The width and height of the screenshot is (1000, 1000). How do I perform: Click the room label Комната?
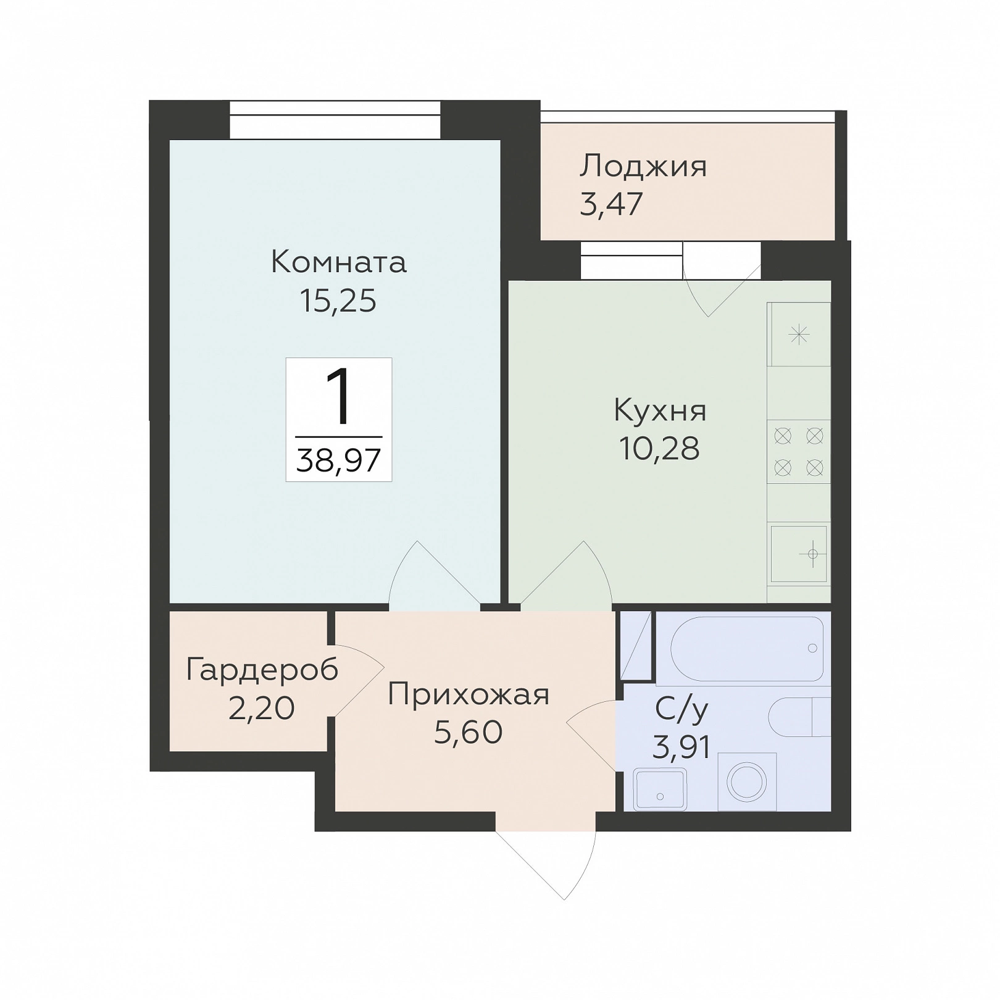pyautogui.click(x=338, y=262)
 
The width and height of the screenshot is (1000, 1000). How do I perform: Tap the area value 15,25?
pyautogui.click(x=338, y=301)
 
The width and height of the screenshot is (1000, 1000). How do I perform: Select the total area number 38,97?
pyautogui.click(x=338, y=460)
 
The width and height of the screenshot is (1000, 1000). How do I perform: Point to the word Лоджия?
pyautogui.click(x=643, y=167)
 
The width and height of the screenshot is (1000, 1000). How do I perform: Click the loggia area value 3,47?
pyautogui.click(x=611, y=204)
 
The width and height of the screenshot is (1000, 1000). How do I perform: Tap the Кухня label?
pyautogui.click(x=660, y=410)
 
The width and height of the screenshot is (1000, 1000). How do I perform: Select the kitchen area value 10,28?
pyautogui.click(x=659, y=449)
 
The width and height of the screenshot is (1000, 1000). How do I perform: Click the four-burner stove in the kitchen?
pyautogui.click(x=799, y=452)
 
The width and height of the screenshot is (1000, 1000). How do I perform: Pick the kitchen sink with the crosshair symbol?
pyautogui.click(x=799, y=554)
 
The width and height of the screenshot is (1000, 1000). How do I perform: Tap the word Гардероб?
pyautogui.click(x=262, y=670)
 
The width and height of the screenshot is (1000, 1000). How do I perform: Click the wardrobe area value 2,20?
pyautogui.click(x=262, y=708)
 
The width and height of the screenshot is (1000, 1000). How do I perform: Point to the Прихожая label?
pyautogui.click(x=469, y=695)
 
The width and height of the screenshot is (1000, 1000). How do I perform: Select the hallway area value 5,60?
pyautogui.click(x=469, y=733)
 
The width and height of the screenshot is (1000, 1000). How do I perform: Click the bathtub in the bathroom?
pyautogui.click(x=747, y=648)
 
